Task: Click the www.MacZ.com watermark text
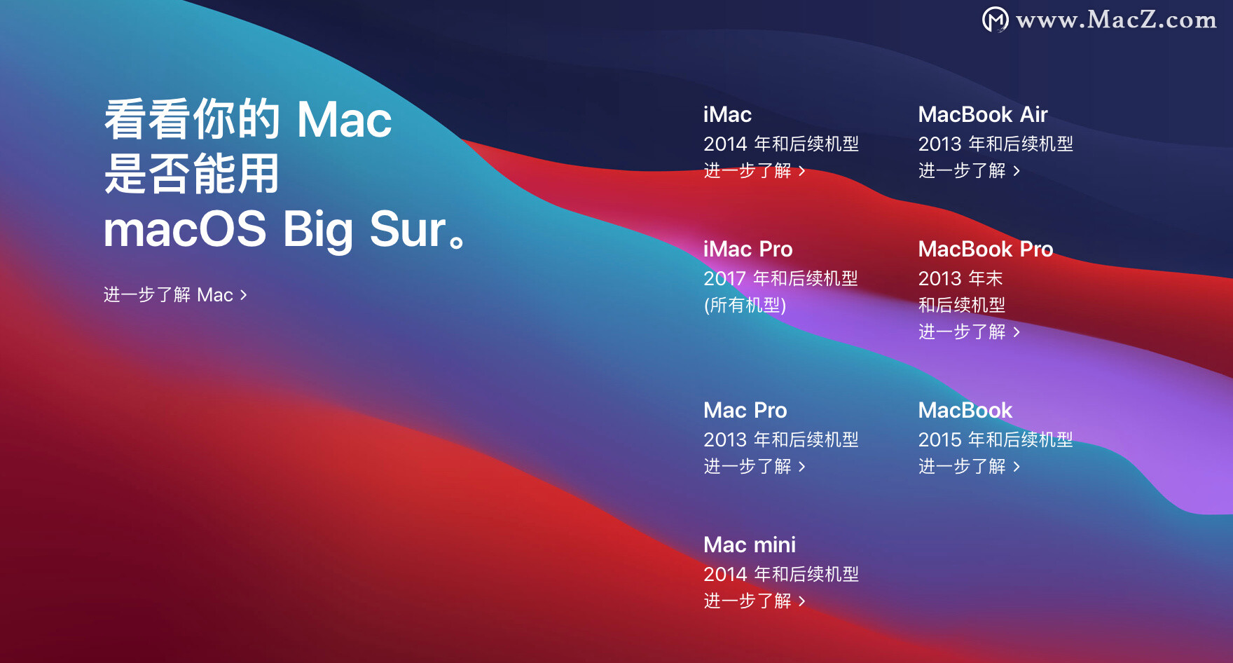pyautogui.click(x=1116, y=20)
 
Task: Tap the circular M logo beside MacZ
pyautogui.click(x=996, y=20)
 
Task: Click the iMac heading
pyautogui.click(x=727, y=114)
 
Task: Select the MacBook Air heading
pyautogui.click(x=983, y=114)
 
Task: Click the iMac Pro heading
pyautogui.click(x=748, y=249)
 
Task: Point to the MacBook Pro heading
pyautogui.click(x=986, y=249)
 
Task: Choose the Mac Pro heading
pyautogui.click(x=745, y=410)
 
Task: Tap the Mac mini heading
pyautogui.click(x=750, y=545)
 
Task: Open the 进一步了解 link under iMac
pyautogui.click(x=755, y=170)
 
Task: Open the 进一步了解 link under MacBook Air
pyautogui.click(x=970, y=170)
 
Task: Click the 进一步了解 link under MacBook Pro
pyautogui.click(x=970, y=331)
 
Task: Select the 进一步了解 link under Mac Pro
pyautogui.click(x=755, y=466)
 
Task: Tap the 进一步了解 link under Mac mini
pyautogui.click(x=755, y=601)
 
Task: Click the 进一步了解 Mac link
pyautogui.click(x=175, y=294)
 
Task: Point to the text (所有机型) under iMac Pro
pyautogui.click(x=745, y=305)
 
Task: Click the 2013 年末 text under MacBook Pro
pyautogui.click(x=960, y=278)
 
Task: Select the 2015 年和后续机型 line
pyautogui.click(x=996, y=439)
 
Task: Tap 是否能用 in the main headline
pyautogui.click(x=191, y=174)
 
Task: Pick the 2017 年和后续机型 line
pyautogui.click(x=780, y=278)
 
